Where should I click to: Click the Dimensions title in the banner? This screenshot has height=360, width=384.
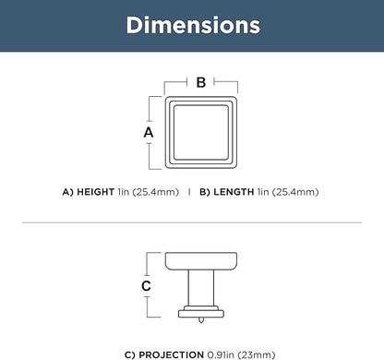193,25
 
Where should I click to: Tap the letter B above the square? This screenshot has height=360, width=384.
201,82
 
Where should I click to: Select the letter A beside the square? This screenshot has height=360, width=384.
149,132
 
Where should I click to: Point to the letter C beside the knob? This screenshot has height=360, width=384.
146,286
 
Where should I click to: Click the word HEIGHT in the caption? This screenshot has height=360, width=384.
96,192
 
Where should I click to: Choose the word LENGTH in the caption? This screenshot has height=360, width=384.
234,192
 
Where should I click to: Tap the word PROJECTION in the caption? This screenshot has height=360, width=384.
172,354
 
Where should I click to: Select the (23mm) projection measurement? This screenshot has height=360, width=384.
257,354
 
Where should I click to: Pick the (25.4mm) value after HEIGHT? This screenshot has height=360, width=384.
156,192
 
